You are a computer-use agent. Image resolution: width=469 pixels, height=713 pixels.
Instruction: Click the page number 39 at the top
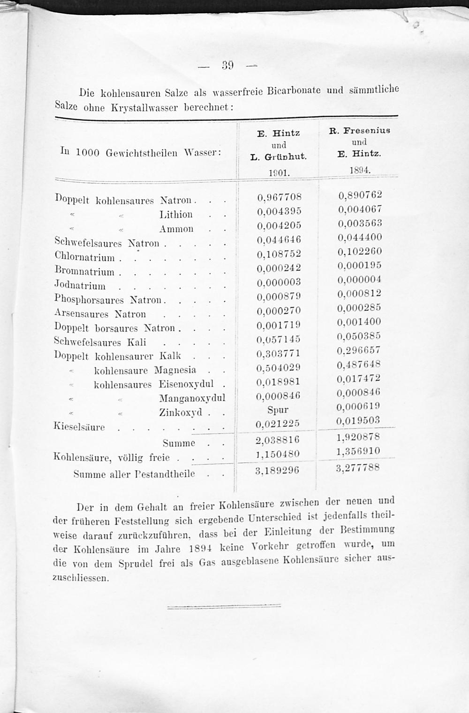pos(228,65)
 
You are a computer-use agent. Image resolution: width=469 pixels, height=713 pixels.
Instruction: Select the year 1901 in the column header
pos(279,173)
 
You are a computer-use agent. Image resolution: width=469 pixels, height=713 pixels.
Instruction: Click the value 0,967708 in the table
pos(279,197)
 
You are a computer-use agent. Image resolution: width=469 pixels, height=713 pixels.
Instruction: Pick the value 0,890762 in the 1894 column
pos(360,194)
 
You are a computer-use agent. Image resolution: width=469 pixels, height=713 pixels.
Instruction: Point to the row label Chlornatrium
pos(84,257)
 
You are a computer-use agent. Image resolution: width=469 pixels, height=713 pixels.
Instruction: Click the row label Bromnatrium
pos(84,271)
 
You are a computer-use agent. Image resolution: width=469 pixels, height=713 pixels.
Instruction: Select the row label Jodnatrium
pos(80,286)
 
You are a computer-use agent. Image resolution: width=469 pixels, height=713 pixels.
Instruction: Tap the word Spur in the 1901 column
pos(278,410)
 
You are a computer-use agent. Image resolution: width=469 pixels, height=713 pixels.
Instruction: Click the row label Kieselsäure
pos(79,427)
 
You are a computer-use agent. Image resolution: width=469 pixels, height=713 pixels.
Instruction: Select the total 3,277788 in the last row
pos(358,468)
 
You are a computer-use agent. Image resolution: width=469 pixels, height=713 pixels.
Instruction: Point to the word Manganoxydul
pos(192,398)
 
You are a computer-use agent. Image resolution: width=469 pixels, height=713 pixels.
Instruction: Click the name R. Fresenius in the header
pos(360,131)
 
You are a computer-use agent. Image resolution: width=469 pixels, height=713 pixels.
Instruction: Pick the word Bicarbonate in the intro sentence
pos(294,90)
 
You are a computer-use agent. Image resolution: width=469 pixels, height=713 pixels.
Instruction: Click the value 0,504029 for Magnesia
pos(279,367)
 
